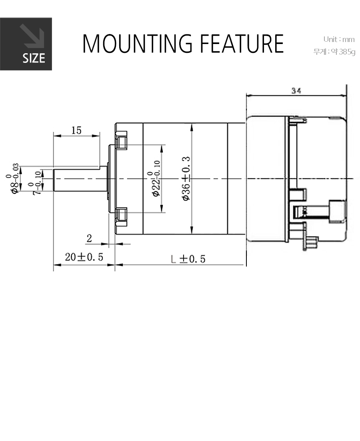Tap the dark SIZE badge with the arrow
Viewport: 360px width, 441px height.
coord(26,44)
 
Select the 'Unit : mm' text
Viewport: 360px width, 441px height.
coord(338,39)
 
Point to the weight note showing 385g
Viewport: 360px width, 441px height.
coord(334,52)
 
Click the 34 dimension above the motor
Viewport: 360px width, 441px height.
coord(296,91)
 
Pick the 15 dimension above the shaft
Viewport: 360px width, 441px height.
coord(76,130)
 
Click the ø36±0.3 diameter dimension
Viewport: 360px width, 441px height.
coord(186,178)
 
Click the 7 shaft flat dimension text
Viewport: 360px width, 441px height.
coord(37,184)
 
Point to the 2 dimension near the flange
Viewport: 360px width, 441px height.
coord(89,239)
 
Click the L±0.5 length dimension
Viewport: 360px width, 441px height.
coord(188,259)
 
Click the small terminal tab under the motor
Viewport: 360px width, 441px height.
coord(311,243)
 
